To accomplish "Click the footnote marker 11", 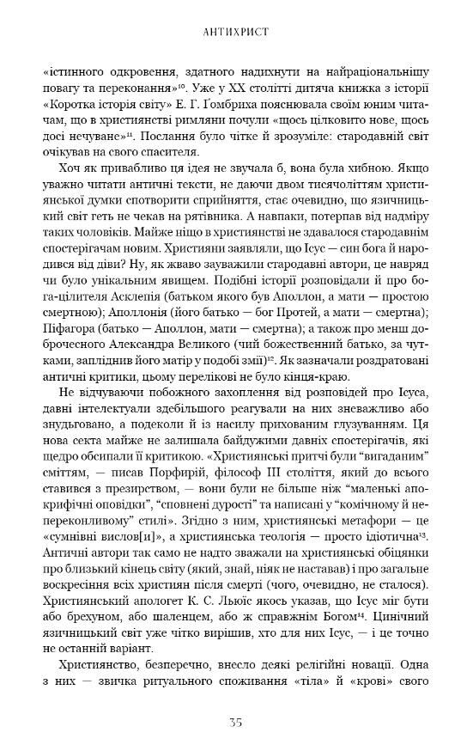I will (128, 135).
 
